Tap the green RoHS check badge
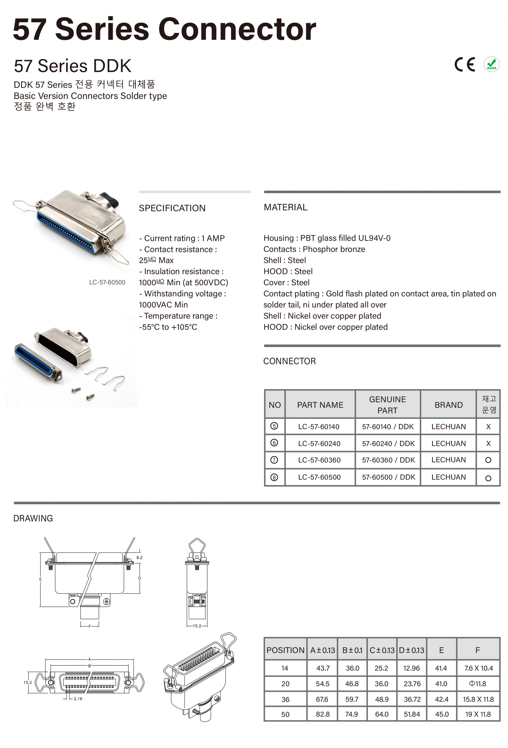pyautogui.click(x=491, y=64)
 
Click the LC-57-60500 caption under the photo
pyautogui.click(x=107, y=282)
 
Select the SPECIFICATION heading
pyautogui.click(x=172, y=208)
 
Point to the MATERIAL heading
pyautogui.click(x=285, y=207)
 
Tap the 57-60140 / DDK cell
pyautogui.click(x=388, y=426)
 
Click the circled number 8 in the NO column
pyautogui.click(x=274, y=477)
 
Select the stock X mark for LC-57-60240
pyautogui.click(x=488, y=443)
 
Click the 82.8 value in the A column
pyautogui.click(x=323, y=714)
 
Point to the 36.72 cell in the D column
pyautogui.click(x=412, y=699)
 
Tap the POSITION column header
pyautogui.click(x=285, y=650)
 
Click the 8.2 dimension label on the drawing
pyautogui.click(x=139, y=557)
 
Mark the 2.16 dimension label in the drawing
pyautogui.click(x=78, y=699)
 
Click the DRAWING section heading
pyautogui.click(x=33, y=518)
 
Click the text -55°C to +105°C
pyautogui.click(x=168, y=327)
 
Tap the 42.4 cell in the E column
pyautogui.click(x=441, y=699)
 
